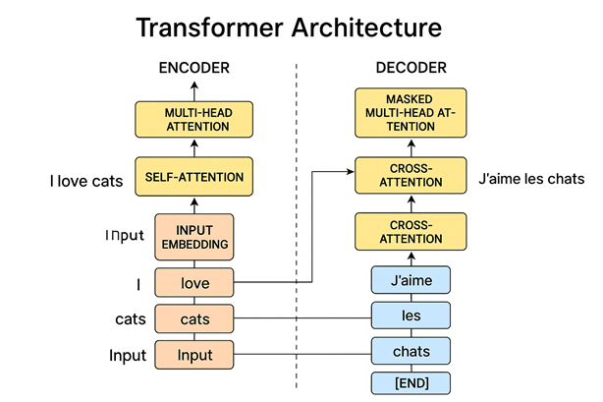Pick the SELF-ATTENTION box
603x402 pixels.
click(x=194, y=178)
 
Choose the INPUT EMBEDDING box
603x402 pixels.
click(x=194, y=237)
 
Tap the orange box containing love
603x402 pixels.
click(x=194, y=285)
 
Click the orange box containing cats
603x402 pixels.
click(x=194, y=318)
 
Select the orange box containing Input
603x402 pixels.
click(x=194, y=354)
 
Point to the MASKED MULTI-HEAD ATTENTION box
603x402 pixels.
click(x=411, y=113)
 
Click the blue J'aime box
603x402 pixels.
click(x=411, y=282)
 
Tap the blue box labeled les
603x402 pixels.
click(x=411, y=316)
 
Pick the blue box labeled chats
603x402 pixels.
click(x=411, y=350)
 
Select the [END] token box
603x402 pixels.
click(x=411, y=381)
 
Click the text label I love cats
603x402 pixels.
click(x=86, y=180)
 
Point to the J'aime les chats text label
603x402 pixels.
click(x=530, y=180)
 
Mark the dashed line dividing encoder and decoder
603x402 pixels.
click(x=298, y=226)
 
